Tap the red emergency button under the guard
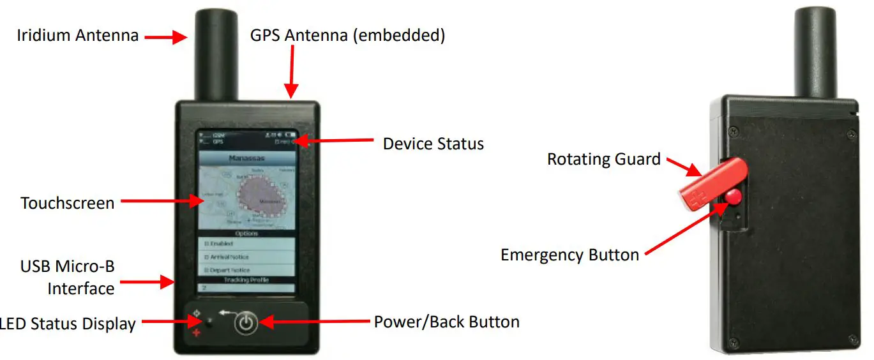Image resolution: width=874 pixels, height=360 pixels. pyautogui.click(x=732, y=196)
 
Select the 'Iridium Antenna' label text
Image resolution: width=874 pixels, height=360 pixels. pyautogui.click(x=77, y=35)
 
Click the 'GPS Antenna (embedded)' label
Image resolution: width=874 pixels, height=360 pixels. pyautogui.click(x=347, y=35)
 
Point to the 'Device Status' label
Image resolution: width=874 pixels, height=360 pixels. pyautogui.click(x=433, y=144)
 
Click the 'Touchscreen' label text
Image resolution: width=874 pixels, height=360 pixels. pyautogui.click(x=68, y=203)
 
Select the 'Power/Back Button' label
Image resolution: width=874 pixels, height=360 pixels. pyautogui.click(x=446, y=322)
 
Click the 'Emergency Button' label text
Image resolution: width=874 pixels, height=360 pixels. pyautogui.click(x=569, y=255)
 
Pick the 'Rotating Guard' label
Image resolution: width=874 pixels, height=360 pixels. pyautogui.click(x=603, y=159)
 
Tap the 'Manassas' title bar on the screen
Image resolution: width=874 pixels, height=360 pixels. pyautogui.click(x=246, y=158)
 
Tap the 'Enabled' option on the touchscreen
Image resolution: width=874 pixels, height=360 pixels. pyautogui.click(x=246, y=244)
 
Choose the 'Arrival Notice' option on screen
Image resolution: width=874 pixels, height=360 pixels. pyautogui.click(x=246, y=257)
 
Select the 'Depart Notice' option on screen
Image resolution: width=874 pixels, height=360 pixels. pyautogui.click(x=246, y=271)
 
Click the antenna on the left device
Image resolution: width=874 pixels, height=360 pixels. pyautogui.click(x=216, y=54)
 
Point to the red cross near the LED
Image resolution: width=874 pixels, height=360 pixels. pyautogui.click(x=197, y=333)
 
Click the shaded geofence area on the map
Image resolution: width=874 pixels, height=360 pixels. pyautogui.click(x=259, y=195)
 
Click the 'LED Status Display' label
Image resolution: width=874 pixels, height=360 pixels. pyautogui.click(x=68, y=324)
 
